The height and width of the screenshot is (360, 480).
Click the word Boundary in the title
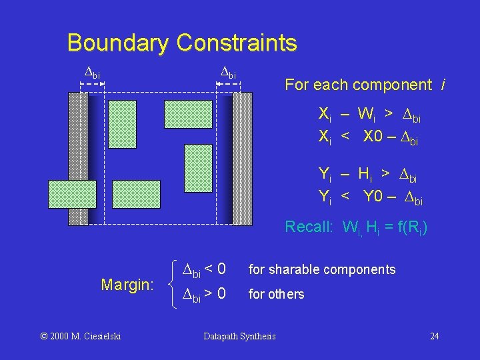117,43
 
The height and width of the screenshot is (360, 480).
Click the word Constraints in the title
237,43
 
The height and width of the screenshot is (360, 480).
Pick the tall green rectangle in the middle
197,168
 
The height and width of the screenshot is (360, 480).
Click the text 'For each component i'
365,85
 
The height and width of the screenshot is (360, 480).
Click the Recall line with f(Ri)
356,227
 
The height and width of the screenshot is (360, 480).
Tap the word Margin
127,285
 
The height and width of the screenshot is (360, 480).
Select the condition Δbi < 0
204,270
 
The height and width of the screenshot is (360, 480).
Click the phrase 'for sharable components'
322,269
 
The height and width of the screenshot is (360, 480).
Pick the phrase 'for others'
276,294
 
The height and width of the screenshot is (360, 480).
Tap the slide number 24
434,336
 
